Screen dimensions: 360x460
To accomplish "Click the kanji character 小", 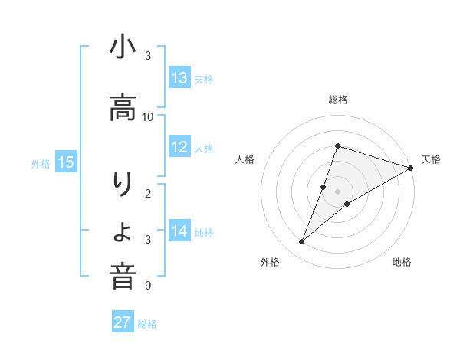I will [x=123, y=49].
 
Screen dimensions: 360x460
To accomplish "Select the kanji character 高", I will [x=123, y=109].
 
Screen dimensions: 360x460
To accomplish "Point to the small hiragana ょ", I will [x=123, y=233].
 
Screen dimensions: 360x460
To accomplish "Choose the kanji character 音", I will [x=123, y=277].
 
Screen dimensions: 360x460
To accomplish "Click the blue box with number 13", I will [x=179, y=78].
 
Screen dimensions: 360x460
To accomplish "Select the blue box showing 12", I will [x=179, y=147].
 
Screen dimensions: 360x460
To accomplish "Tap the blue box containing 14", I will [x=179, y=231].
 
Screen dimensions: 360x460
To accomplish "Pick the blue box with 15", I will [x=66, y=162].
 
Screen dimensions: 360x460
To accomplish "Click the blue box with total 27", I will [x=123, y=322].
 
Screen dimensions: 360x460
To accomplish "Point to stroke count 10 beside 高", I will [x=148, y=117].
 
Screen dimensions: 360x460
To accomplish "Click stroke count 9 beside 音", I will [x=148, y=286].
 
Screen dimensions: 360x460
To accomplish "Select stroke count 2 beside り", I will [x=148, y=194].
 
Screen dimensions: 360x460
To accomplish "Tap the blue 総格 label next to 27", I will [x=147, y=324].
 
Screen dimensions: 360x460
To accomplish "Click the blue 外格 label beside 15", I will [x=41, y=163].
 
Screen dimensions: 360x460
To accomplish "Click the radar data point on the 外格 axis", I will [x=302, y=242].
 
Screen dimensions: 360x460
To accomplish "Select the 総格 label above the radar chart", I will [x=338, y=100].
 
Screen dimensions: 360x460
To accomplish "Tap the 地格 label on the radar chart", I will [x=402, y=262].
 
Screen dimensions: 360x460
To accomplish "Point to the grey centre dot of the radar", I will [x=338, y=191].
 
